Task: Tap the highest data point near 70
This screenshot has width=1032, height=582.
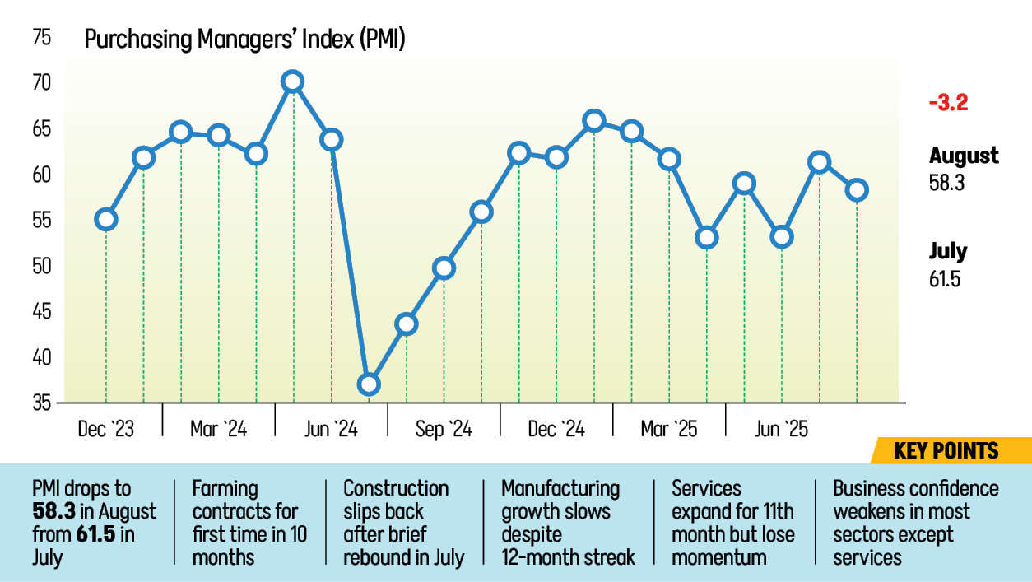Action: point(292,81)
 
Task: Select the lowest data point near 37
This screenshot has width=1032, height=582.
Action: point(369,384)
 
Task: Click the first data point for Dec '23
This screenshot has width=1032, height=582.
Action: point(105,219)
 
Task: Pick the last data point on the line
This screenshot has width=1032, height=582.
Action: point(857,190)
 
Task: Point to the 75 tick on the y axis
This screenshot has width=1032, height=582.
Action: point(42,38)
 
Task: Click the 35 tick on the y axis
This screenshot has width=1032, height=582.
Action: point(42,403)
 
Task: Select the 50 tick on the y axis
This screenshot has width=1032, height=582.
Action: point(42,266)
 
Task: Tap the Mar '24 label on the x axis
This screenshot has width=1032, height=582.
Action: point(218,429)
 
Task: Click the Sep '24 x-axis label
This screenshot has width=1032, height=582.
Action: point(444,429)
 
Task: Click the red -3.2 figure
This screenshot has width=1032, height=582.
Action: point(947,104)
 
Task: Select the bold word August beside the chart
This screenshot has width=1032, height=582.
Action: point(964,156)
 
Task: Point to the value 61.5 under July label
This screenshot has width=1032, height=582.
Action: point(946,279)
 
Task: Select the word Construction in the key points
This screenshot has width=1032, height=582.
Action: point(396,488)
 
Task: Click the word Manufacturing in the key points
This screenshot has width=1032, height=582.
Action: point(560,488)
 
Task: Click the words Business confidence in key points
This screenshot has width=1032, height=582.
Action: point(915,488)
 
